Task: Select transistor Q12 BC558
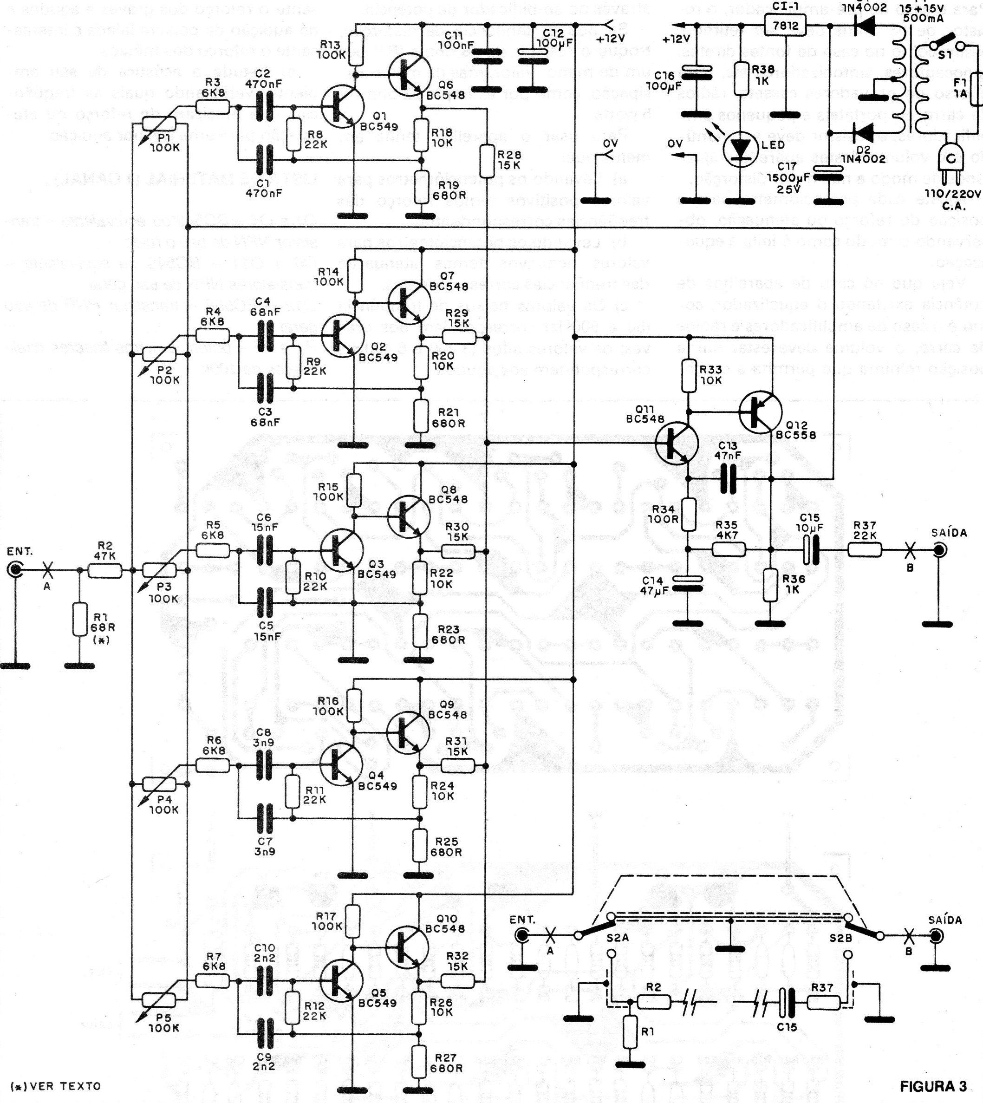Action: pos(760,412)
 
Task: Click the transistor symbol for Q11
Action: pos(676,443)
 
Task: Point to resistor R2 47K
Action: pos(105,570)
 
